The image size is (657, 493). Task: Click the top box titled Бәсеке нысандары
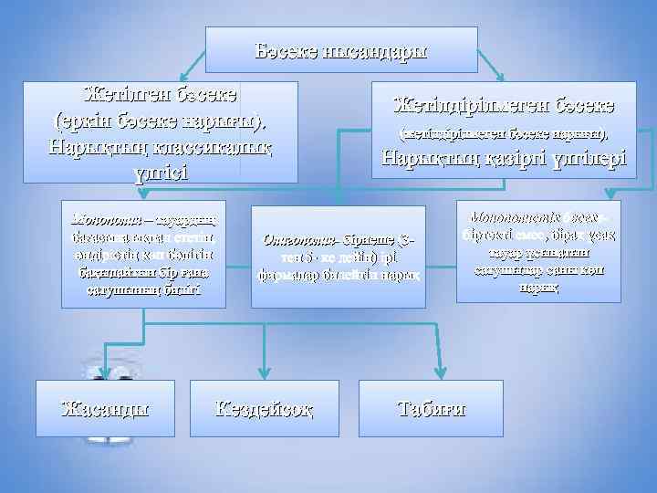[x=341, y=49]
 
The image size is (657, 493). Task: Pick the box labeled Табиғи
[x=430, y=407]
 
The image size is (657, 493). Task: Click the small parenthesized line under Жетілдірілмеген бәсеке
[x=505, y=134]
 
